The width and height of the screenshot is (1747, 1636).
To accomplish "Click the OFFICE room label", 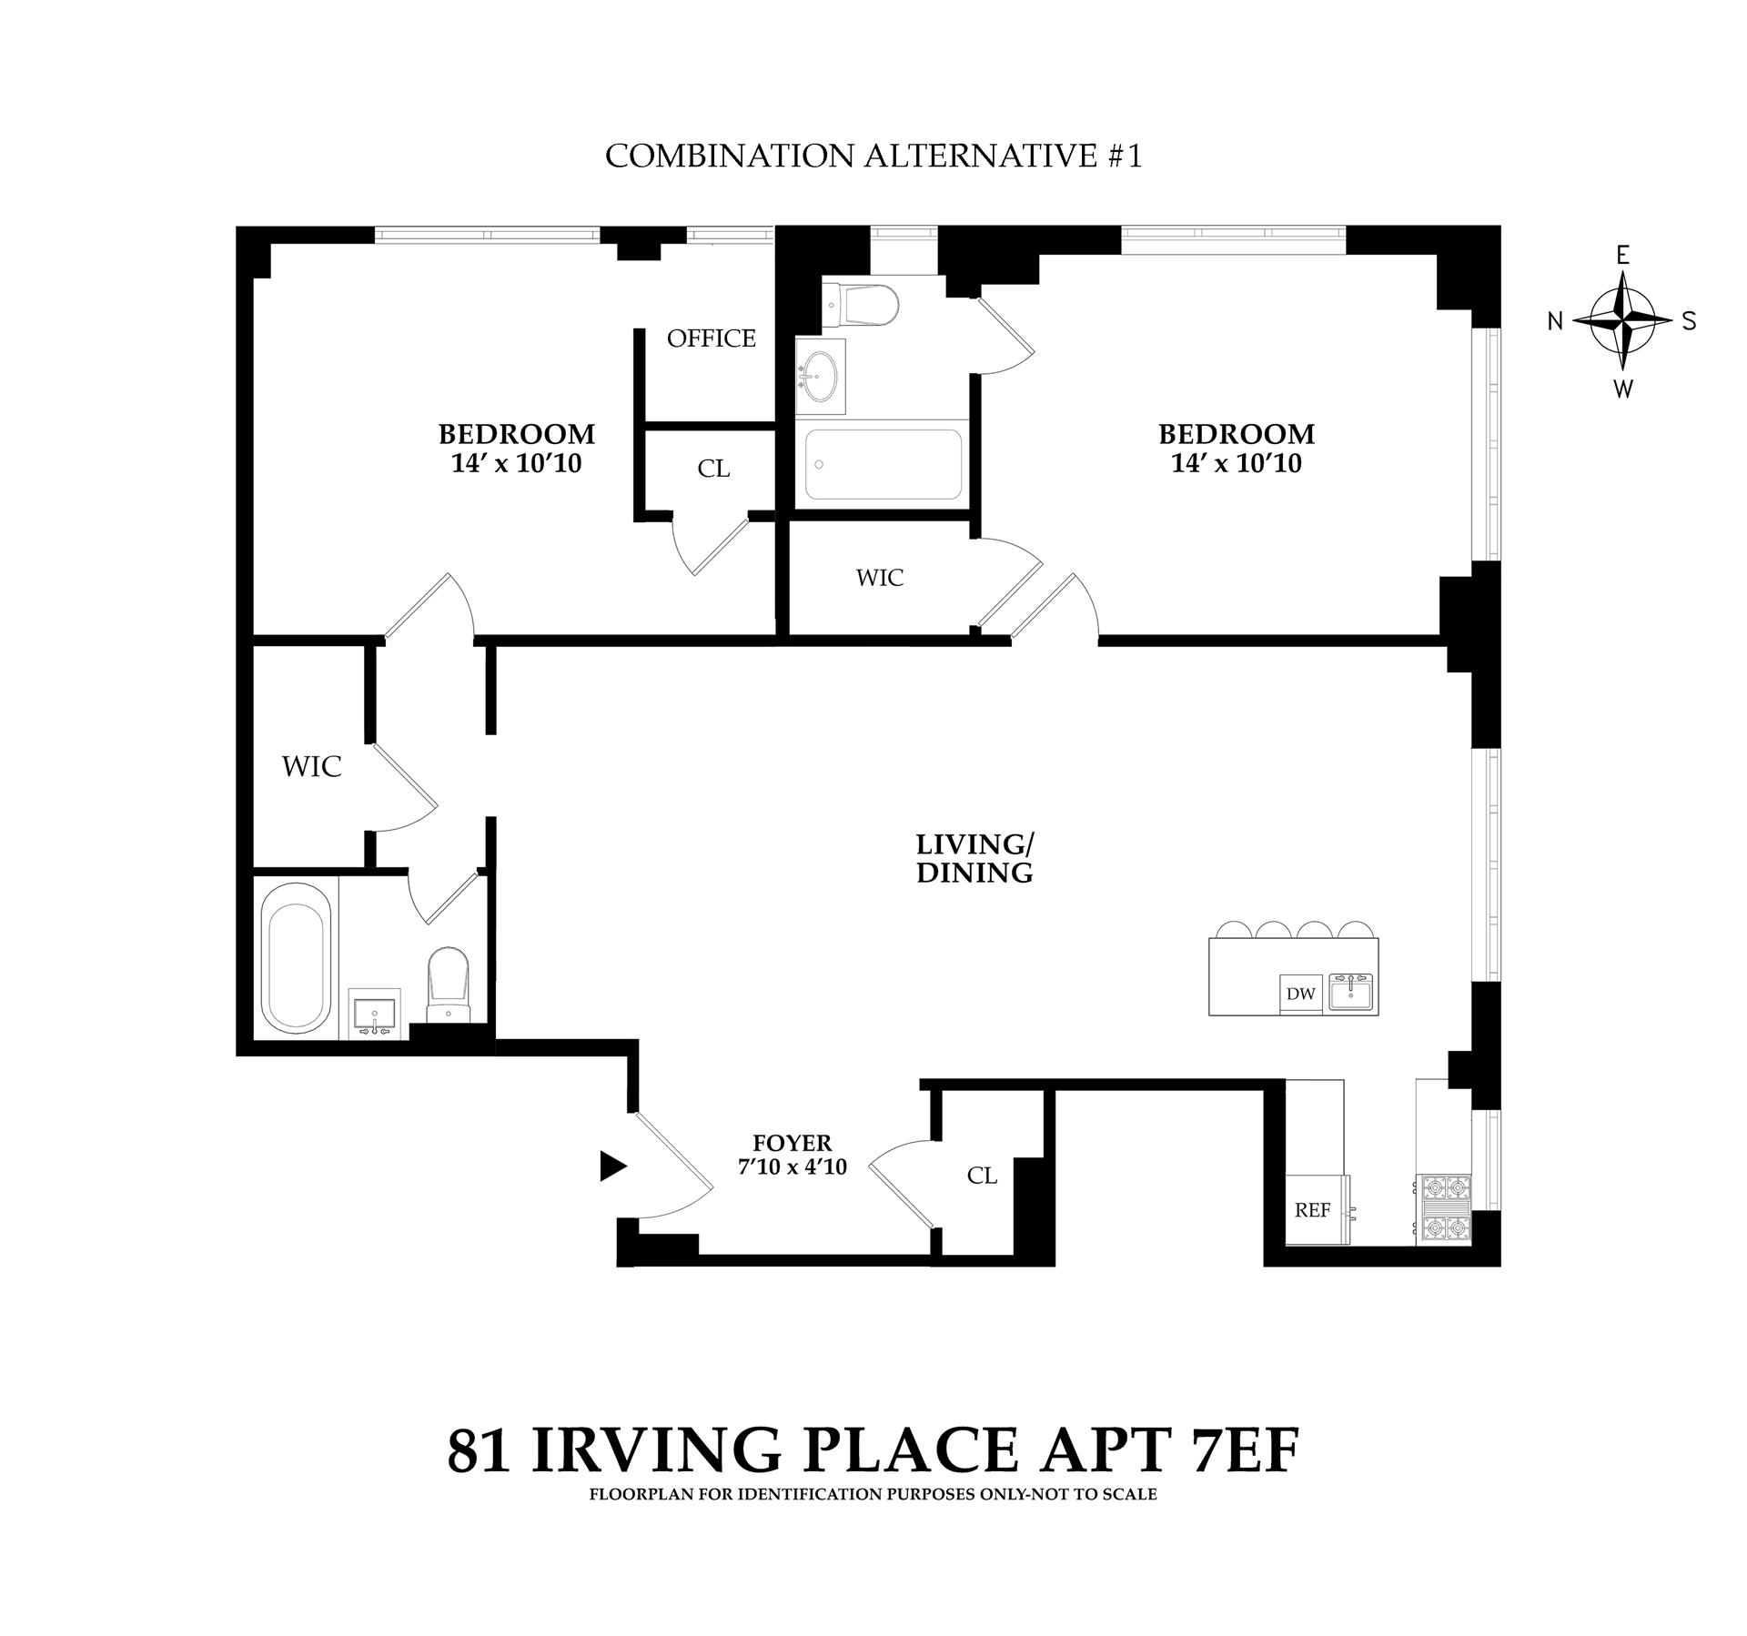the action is (x=711, y=338).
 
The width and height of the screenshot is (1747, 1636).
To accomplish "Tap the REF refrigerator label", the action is (x=1313, y=1210).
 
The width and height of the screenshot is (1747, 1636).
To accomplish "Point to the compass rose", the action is (x=1622, y=321).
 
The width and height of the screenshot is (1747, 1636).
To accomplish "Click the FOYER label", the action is (x=792, y=1143).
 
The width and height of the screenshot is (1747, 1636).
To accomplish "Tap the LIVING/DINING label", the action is (x=974, y=858).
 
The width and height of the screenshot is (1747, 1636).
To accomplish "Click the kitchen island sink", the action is (x=1353, y=992).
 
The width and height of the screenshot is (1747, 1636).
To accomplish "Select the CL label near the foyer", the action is (x=982, y=1176).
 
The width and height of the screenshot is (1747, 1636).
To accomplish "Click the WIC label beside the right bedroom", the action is (x=880, y=578).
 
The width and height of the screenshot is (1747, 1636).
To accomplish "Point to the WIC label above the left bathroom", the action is (x=311, y=767).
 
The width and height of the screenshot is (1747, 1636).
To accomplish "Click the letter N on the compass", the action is (x=1556, y=321).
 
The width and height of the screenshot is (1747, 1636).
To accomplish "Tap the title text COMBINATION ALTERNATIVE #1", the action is (x=873, y=156).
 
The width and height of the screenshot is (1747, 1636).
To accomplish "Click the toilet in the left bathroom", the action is (x=447, y=985).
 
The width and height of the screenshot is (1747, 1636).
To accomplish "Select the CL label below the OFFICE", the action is (x=713, y=469).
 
